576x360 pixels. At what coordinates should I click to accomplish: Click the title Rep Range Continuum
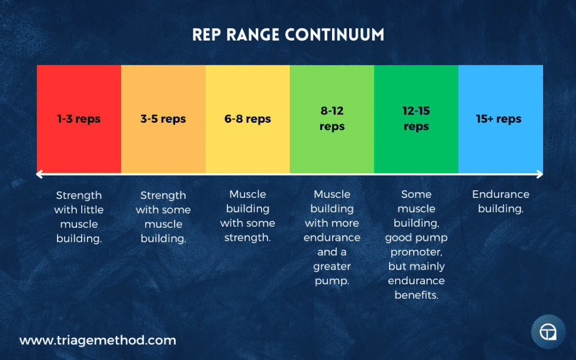(288, 35)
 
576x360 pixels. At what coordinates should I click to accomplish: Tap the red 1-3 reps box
(79, 119)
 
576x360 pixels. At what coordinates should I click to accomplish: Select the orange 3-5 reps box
(163, 119)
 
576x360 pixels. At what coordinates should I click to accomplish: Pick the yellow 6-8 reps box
(247, 119)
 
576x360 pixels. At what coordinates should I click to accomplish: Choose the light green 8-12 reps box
(332, 119)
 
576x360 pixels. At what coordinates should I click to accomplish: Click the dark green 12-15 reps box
(416, 119)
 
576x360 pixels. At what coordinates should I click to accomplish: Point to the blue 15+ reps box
(500, 119)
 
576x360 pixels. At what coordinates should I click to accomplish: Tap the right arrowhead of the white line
(540, 174)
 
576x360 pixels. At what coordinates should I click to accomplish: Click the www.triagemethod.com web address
(98, 340)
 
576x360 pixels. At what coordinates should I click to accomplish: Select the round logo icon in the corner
(548, 332)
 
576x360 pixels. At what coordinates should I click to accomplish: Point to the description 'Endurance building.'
(501, 201)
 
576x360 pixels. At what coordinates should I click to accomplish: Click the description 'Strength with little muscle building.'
(79, 217)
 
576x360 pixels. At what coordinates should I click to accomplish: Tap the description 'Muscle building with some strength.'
(247, 216)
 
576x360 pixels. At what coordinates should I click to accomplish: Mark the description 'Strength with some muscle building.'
(163, 217)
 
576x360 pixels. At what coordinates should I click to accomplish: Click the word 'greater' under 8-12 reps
(332, 266)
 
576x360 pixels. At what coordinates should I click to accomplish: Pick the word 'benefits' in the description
(416, 295)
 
